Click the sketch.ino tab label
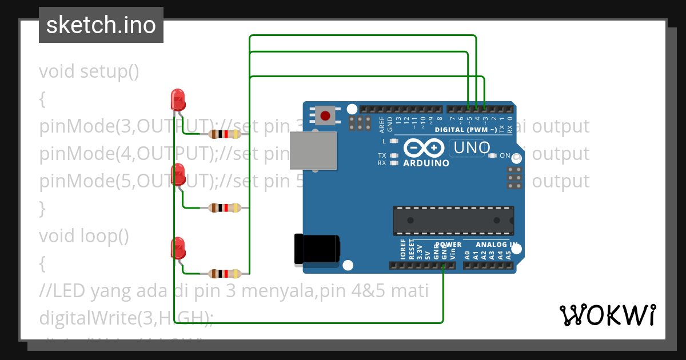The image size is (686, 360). [x=101, y=25]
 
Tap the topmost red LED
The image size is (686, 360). [x=178, y=99]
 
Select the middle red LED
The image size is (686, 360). [x=178, y=173]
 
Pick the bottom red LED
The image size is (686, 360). [x=178, y=247]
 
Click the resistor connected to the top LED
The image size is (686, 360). [x=225, y=134]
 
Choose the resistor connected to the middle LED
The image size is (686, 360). [x=225, y=208]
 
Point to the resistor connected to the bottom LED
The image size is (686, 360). [x=225, y=274]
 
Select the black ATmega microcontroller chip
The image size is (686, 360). [x=453, y=221]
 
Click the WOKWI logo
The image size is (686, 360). [x=607, y=315]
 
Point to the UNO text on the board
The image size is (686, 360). [x=472, y=148]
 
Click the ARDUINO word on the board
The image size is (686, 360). [x=426, y=163]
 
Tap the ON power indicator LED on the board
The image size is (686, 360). [x=492, y=155]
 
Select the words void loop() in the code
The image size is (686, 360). [x=84, y=235]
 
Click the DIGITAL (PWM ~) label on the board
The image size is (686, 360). [x=465, y=130]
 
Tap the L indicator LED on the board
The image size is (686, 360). [x=393, y=141]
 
